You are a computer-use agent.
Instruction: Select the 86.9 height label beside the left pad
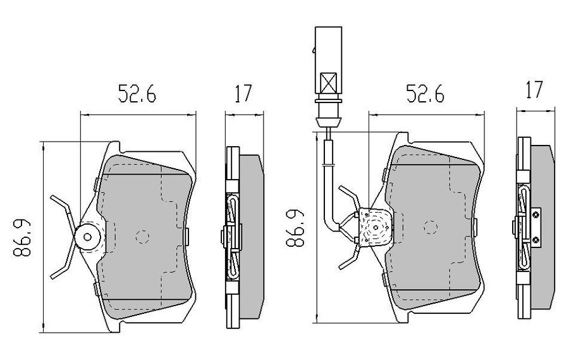24,238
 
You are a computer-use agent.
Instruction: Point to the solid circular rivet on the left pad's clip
87,238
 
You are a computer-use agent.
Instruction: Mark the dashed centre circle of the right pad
431,226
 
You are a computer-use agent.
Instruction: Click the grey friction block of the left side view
252,237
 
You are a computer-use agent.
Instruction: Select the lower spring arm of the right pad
350,259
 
